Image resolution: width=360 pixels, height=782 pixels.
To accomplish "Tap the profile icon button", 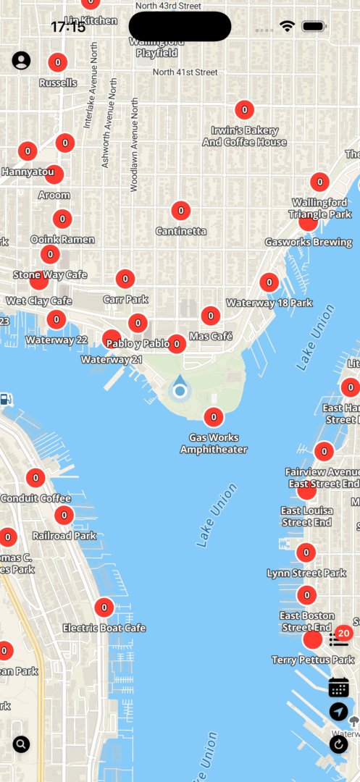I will coord(21,61).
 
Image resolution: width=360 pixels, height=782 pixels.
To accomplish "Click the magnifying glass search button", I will coord(21,744).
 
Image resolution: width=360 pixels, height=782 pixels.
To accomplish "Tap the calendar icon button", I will coord(338,687).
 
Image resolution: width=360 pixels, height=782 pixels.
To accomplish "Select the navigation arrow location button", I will coord(338,712).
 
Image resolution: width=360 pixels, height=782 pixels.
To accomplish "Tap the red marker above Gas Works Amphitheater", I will coord(213,417).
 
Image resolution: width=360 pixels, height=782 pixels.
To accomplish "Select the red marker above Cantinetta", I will coord(181,211).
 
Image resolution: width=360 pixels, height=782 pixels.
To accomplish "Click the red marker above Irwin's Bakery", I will coord(245,110).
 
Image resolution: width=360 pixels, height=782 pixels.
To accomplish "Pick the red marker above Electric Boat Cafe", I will coord(104,607).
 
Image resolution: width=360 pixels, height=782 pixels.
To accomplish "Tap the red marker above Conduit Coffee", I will coord(35,478).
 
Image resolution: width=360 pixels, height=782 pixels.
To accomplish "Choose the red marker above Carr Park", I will coord(125,279).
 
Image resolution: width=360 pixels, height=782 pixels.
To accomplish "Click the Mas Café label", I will coord(211,336).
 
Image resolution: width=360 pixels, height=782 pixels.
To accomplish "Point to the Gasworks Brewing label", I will coord(309,242).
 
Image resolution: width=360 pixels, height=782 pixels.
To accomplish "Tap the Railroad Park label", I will coord(64,536).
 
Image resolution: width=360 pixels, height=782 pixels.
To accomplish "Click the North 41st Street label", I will coord(185,72).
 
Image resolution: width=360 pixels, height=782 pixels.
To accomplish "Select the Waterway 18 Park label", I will coord(269,303).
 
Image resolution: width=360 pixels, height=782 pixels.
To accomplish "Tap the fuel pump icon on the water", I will coord(6,399).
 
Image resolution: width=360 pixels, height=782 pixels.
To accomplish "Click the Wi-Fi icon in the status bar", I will coord(288,26).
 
